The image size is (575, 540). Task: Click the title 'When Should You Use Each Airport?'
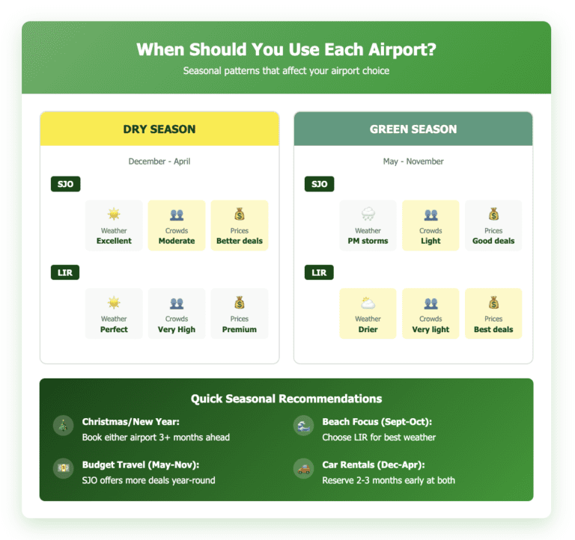(287, 49)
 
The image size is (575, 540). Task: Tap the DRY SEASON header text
(159, 129)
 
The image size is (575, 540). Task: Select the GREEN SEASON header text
(413, 129)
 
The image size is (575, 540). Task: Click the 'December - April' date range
(159, 162)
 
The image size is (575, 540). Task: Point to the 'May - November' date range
(413, 162)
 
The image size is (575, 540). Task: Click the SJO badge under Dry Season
(65, 184)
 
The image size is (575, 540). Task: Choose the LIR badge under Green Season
(319, 272)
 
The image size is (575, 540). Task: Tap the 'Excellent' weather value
(114, 241)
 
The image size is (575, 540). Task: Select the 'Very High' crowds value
(177, 329)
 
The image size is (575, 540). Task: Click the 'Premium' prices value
(240, 329)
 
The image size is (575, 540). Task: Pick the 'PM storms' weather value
(368, 241)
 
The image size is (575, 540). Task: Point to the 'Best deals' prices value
(493, 329)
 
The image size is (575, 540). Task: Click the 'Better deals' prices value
(240, 241)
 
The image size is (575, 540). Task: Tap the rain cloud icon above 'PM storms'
(368, 215)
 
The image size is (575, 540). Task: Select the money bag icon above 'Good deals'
(493, 215)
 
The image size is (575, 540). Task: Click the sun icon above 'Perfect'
(114, 303)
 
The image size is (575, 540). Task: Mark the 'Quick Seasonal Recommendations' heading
(286, 399)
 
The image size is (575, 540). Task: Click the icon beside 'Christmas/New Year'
(64, 426)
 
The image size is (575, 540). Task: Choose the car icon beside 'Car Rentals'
(304, 469)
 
